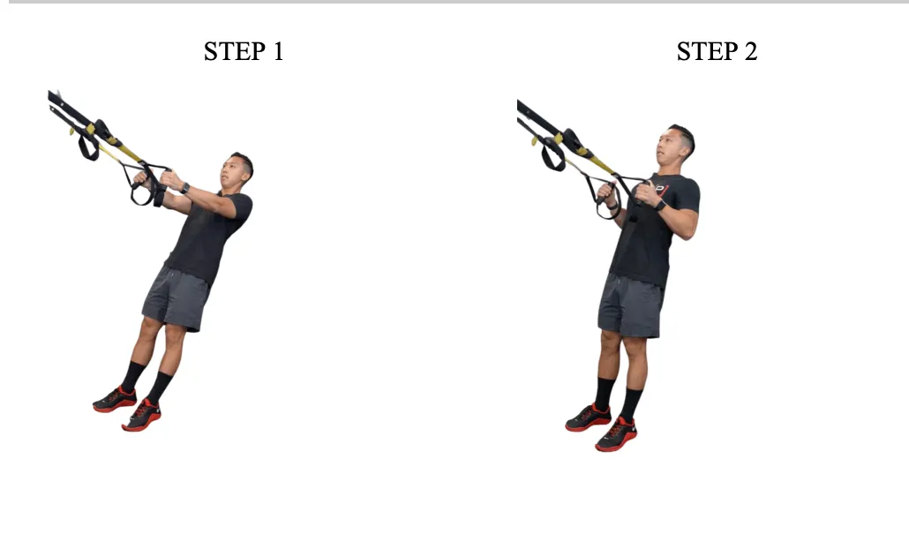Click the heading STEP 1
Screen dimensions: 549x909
[x=244, y=52]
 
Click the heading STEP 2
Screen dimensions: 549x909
[x=717, y=52]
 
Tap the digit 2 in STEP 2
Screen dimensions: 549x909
[x=750, y=52]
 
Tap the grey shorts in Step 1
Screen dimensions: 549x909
[x=177, y=298]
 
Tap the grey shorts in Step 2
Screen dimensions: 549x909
[x=630, y=305]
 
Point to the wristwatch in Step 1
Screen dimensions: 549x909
[x=184, y=188]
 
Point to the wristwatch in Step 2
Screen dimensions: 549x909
[x=659, y=205]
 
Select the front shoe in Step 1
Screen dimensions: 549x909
[x=142, y=415]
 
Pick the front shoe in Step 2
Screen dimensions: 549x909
[x=616, y=434]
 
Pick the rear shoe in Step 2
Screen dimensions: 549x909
[x=588, y=417]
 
